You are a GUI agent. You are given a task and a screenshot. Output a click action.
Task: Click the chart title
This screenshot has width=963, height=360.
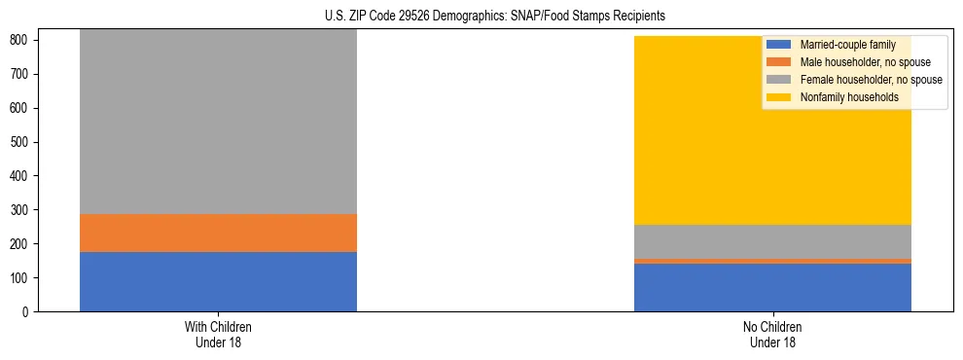pyautogui.click(x=481, y=17)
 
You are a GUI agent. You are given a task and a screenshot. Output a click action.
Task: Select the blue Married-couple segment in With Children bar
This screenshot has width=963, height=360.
pyautogui.click(x=218, y=281)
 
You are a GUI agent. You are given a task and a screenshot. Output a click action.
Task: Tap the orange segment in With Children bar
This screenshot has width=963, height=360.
pyautogui.click(x=218, y=233)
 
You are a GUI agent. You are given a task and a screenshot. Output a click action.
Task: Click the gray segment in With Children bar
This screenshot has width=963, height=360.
pyautogui.click(x=218, y=122)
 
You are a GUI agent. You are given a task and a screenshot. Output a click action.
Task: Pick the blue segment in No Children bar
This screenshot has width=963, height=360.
pyautogui.click(x=772, y=287)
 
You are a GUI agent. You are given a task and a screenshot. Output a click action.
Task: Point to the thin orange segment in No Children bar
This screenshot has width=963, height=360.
pyautogui.click(x=772, y=261)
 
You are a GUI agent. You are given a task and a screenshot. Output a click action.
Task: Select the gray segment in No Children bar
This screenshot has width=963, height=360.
pyautogui.click(x=772, y=241)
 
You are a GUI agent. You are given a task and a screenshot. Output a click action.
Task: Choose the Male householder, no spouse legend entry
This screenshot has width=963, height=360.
pyautogui.click(x=856, y=62)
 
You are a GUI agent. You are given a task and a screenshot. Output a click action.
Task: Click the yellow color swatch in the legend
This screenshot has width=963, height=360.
pyautogui.click(x=779, y=97)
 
